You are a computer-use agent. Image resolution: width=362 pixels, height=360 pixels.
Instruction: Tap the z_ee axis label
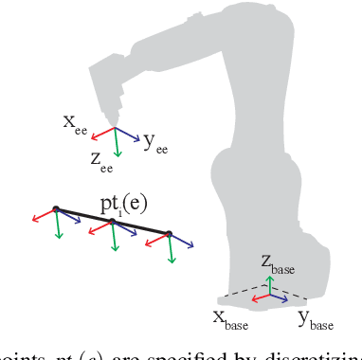[103, 162]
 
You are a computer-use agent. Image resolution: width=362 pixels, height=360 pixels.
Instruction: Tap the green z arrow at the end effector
[116, 143]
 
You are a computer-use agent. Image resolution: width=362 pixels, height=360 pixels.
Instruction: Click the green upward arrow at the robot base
[270, 286]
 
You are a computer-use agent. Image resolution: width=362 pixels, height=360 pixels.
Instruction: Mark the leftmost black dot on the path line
[56, 209]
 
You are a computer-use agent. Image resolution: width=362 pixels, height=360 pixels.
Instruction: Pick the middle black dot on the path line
[113, 222]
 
